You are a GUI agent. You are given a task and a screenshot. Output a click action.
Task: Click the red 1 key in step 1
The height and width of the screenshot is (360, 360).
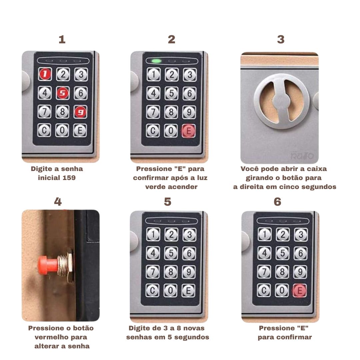click(45, 74)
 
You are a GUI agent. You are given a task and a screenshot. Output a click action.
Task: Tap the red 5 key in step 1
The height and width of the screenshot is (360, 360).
click(63, 93)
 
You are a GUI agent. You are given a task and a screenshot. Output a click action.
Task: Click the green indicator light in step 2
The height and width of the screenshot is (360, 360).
click(157, 61)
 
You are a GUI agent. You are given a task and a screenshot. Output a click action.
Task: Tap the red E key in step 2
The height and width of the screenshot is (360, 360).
click(188, 131)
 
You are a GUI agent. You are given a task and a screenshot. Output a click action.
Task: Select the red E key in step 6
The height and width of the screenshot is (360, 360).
click(300, 291)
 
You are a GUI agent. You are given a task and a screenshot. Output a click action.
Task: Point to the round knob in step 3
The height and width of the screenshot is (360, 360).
click(281, 101)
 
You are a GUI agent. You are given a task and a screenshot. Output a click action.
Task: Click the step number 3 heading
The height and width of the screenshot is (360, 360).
click(281, 39)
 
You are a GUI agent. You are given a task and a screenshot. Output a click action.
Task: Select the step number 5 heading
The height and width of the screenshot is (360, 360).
click(168, 202)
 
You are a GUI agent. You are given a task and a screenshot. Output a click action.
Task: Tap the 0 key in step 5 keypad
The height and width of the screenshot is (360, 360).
click(170, 290)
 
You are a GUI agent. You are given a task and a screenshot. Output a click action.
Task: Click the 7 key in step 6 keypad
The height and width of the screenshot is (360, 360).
click(264, 272)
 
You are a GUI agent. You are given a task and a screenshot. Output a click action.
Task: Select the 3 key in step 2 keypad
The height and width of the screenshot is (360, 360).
click(190, 75)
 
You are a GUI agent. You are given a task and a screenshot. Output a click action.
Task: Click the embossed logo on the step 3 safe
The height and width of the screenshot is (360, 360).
click(302, 156)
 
